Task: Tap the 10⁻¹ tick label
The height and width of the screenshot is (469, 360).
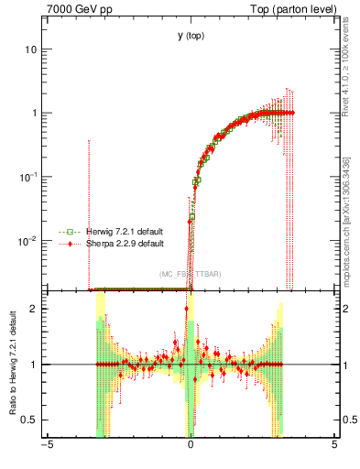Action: coord(28,176)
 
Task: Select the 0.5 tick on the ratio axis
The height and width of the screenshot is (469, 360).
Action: coord(30,420)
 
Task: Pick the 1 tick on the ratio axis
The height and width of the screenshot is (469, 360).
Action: coord(35,365)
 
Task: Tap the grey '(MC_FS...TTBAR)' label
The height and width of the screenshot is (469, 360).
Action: coord(191,274)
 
